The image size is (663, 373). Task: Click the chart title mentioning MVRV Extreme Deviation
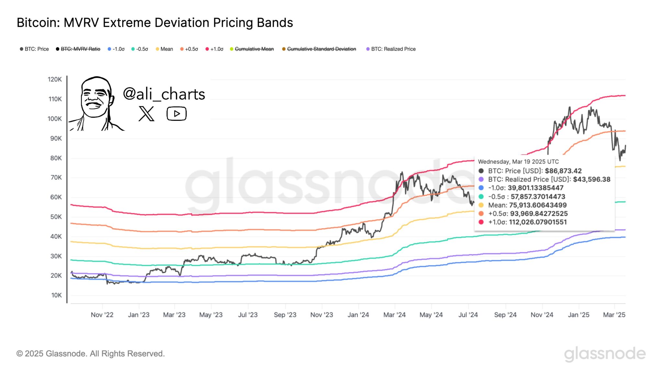(x=155, y=23)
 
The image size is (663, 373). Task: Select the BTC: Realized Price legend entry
(x=393, y=49)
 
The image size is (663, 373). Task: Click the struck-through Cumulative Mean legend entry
(x=254, y=49)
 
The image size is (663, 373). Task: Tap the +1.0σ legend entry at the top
(x=217, y=49)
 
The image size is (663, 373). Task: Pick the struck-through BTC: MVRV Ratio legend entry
(x=80, y=49)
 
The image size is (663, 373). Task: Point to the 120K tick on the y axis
(x=55, y=79)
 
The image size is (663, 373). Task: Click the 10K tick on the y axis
(x=56, y=295)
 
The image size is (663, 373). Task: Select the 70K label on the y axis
(x=56, y=177)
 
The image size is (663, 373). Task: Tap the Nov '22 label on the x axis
(x=102, y=315)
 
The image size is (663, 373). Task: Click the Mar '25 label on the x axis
(x=614, y=315)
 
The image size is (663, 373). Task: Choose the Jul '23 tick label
(x=248, y=315)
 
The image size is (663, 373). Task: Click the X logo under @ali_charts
(x=146, y=114)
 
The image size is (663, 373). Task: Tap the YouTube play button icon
(x=176, y=114)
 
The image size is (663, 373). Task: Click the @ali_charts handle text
(x=164, y=94)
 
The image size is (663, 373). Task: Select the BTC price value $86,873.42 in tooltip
(x=563, y=171)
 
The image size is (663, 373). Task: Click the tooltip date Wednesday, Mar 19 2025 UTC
(x=518, y=162)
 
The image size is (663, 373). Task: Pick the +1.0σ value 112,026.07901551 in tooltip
(x=538, y=222)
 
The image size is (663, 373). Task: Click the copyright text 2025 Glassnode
(x=91, y=354)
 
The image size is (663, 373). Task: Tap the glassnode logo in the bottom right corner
(x=604, y=354)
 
